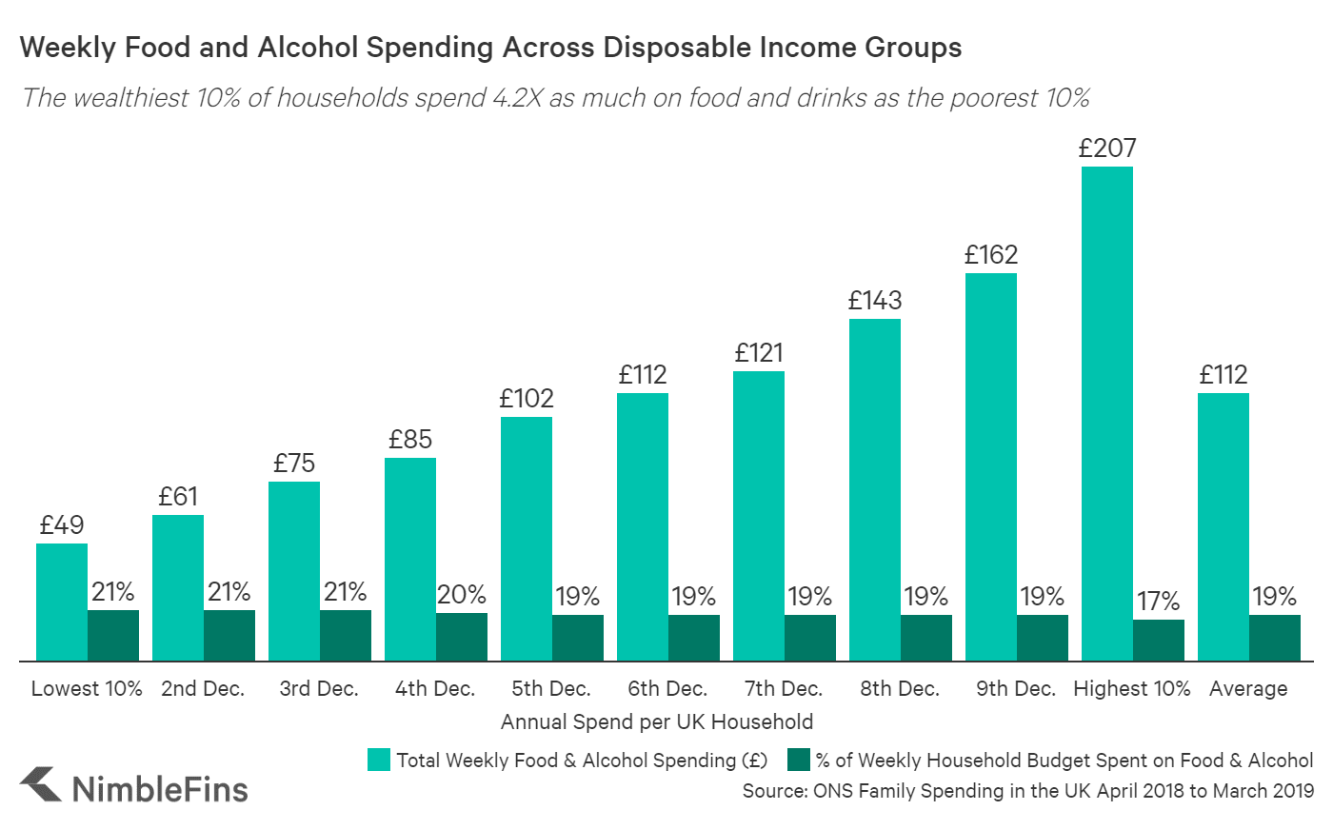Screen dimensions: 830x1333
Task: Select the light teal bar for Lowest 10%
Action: click(62, 602)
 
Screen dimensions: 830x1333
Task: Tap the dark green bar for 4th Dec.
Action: click(462, 636)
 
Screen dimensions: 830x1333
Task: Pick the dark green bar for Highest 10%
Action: click(1159, 640)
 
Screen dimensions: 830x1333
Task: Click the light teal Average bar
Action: click(1223, 526)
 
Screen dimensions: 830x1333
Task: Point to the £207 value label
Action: click(1106, 148)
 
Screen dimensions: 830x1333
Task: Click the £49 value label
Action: click(62, 525)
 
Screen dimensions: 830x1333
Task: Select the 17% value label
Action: click(1159, 602)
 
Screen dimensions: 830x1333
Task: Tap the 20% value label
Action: click(462, 595)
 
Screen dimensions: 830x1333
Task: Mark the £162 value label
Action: click(990, 255)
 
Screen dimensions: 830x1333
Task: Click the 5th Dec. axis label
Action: click(550, 688)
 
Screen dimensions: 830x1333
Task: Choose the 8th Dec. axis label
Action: click(899, 688)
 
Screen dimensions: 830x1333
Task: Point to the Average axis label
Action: click(1247, 688)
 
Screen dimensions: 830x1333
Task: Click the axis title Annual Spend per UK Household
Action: click(657, 721)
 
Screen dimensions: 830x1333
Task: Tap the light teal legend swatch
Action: click(379, 760)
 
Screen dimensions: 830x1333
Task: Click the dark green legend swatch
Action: click(799, 760)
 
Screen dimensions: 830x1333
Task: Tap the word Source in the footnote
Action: click(773, 791)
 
